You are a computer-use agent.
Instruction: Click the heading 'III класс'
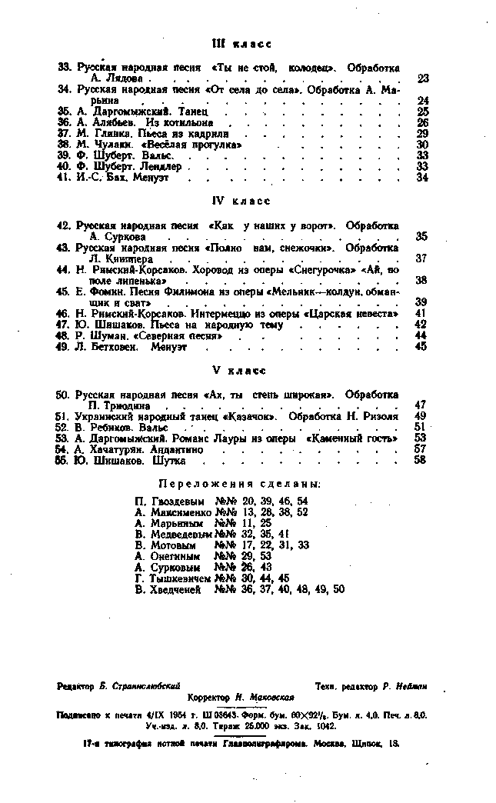[241, 43]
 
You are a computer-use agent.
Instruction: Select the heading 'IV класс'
[241, 202]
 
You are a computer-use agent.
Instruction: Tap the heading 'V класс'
[238, 370]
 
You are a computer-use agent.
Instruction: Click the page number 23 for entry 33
[423, 78]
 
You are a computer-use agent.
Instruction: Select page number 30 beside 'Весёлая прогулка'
[422, 144]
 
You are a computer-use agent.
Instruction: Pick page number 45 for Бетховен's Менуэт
[421, 347]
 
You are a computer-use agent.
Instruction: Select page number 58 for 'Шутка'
[420, 461]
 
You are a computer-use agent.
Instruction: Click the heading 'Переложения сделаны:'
[239, 484]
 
